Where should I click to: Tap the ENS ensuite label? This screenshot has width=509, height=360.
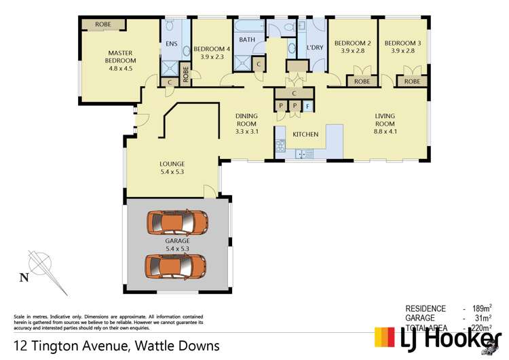(x=171, y=46)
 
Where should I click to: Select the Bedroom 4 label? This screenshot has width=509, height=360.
(x=212, y=53)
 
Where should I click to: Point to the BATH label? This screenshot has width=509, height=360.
(x=246, y=39)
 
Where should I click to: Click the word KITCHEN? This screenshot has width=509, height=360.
(x=305, y=134)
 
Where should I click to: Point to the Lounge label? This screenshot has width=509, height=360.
(x=172, y=168)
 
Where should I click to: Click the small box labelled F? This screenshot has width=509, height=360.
(x=308, y=106)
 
